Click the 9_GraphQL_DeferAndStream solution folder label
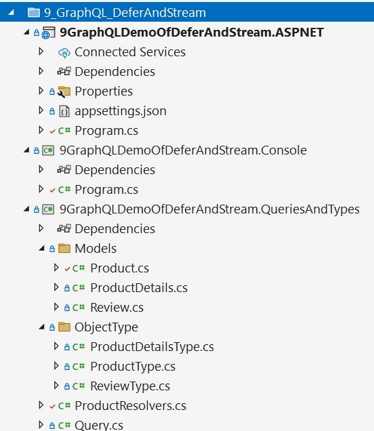[x=125, y=13]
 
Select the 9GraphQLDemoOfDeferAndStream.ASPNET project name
[x=192, y=33]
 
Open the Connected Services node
[x=130, y=52]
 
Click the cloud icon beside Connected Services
[x=64, y=53]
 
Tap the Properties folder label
[x=104, y=91]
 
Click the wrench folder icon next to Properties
[x=64, y=91]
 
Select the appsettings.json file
[x=121, y=111]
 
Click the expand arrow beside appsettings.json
[x=41, y=110]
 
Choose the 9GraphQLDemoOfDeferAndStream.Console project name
[x=183, y=150]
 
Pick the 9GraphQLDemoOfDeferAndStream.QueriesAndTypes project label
[x=209, y=209]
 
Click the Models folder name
[x=96, y=249]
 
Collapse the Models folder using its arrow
[x=42, y=249]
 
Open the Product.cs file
[x=119, y=268]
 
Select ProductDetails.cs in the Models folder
[x=139, y=288]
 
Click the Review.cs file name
[x=117, y=307]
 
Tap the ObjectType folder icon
[x=64, y=327]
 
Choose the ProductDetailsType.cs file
[x=152, y=346]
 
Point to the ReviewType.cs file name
[x=130, y=386]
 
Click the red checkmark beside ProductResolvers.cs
[x=52, y=407]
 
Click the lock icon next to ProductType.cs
[x=67, y=367]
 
